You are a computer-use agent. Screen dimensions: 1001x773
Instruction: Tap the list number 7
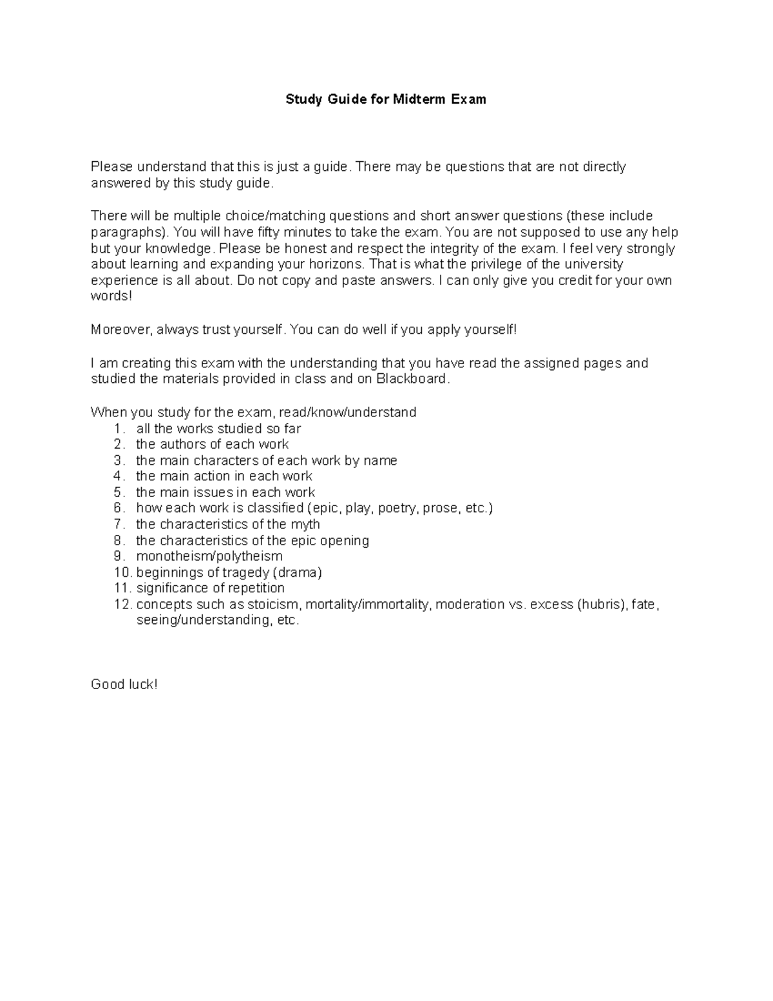click(x=118, y=524)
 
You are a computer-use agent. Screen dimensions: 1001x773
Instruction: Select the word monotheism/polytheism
click(x=209, y=556)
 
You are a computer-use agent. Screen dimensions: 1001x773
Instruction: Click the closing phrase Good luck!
click(x=124, y=685)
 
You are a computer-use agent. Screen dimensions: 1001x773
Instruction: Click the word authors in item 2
click(x=183, y=444)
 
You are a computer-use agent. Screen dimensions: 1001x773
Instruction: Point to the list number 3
click(x=118, y=460)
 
